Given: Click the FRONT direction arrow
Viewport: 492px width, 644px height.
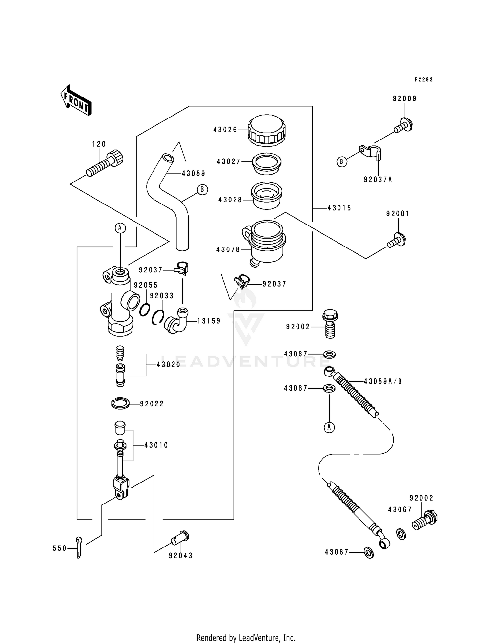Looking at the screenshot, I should click(76, 100).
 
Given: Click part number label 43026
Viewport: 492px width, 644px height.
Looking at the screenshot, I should click(225, 130).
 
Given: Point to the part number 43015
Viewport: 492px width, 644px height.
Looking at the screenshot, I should click(339, 208).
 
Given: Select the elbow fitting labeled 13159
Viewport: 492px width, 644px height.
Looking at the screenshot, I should click(176, 321).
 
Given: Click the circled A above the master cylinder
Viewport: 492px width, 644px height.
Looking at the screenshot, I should click(120, 227).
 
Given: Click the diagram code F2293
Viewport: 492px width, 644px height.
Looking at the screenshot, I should click(423, 80).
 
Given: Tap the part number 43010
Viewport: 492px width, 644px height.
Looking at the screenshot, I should click(156, 445).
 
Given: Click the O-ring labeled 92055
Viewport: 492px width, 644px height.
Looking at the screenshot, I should click(145, 310).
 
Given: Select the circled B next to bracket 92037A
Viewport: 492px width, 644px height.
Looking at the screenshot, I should click(342, 162).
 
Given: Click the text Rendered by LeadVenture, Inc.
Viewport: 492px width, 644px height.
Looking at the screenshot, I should click(246, 638).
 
